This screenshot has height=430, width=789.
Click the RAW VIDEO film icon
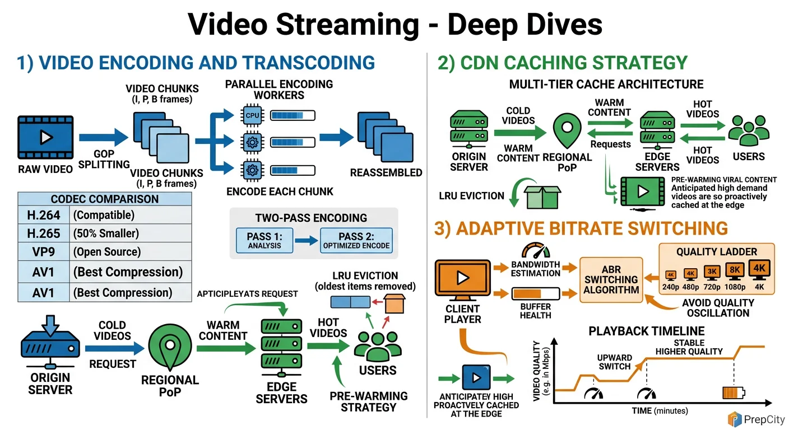[45, 137]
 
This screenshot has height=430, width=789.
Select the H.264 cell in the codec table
[44, 215]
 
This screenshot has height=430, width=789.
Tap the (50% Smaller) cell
[106, 233]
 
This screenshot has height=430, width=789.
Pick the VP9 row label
[44, 252]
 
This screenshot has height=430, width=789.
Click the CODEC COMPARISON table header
[104, 199]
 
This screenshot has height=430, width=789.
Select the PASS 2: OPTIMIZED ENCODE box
[356, 241]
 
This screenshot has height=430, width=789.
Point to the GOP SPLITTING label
[104, 158]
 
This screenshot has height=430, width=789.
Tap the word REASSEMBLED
[386, 172]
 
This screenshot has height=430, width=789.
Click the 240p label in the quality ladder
[671, 287]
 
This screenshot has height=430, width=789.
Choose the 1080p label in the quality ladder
[735, 287]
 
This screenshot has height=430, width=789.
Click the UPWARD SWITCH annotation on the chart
[614, 362]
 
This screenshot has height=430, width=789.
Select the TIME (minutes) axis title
[659, 411]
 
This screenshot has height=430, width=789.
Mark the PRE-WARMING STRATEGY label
[368, 401]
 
